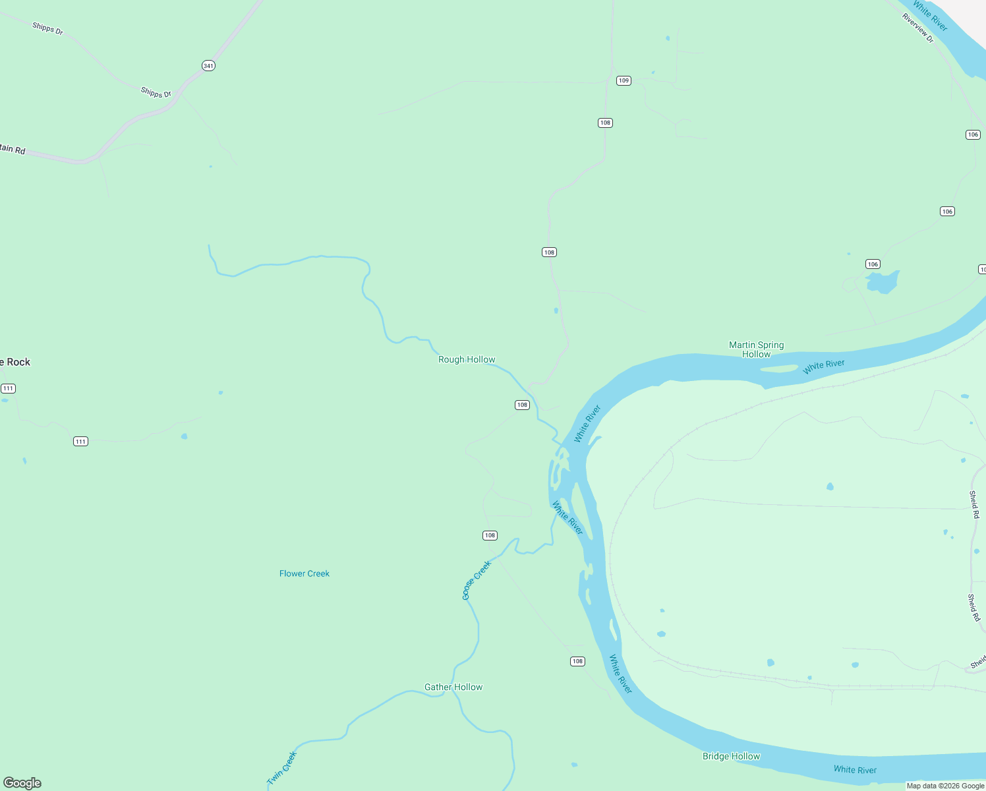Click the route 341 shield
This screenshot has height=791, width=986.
[208, 66]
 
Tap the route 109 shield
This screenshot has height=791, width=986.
[623, 80]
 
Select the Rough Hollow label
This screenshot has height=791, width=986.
[467, 359]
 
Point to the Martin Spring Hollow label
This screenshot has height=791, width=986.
[756, 349]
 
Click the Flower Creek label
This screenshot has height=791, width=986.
[304, 573]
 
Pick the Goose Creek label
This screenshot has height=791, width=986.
[476, 580]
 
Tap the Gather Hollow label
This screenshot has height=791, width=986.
[453, 687]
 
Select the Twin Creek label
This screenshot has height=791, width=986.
[282, 768]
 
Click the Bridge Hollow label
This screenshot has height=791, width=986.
[731, 756]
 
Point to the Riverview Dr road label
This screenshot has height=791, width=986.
[918, 28]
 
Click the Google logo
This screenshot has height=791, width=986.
[22, 783]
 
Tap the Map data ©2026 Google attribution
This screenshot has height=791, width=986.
[945, 786]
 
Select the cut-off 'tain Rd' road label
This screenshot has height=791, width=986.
[13, 149]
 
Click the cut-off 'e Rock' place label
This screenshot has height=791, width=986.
[15, 362]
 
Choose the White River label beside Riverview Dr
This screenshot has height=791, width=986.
[930, 16]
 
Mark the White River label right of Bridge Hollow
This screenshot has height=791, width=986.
[855, 769]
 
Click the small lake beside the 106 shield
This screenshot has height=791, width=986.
[883, 282]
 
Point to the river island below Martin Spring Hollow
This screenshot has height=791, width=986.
[779, 368]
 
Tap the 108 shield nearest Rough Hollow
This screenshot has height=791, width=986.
[522, 405]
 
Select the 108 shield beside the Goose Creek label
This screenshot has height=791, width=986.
[490, 535]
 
